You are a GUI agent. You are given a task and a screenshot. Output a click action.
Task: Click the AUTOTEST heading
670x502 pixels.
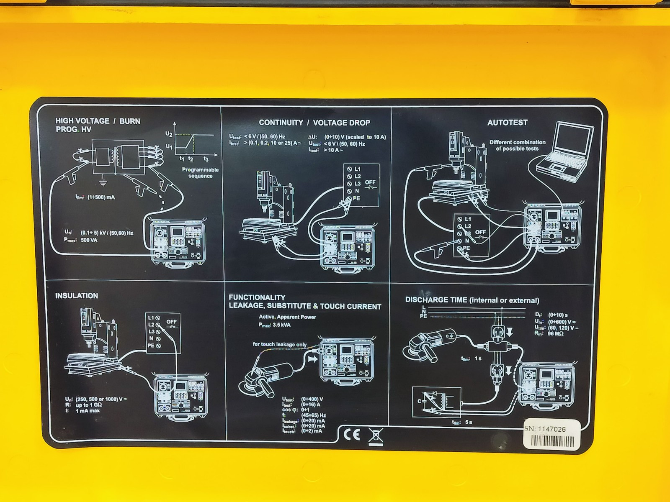click(507, 123)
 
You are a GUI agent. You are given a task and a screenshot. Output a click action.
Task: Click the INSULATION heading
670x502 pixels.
click(77, 296)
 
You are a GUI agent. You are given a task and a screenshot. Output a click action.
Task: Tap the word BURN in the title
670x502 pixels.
click(130, 121)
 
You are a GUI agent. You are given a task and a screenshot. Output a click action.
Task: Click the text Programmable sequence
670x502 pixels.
click(200, 173)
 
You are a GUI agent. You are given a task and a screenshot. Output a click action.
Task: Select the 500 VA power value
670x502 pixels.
click(89, 240)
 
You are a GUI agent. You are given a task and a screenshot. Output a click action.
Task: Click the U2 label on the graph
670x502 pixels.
click(169, 134)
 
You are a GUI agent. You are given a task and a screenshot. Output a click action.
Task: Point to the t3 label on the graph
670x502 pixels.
click(206, 159)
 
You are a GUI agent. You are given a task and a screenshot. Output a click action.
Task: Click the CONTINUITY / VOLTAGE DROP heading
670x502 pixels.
click(314, 123)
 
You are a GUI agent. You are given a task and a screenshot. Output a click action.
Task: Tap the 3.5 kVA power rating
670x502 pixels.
click(281, 325)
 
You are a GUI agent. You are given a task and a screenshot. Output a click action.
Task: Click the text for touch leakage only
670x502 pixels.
click(279, 344)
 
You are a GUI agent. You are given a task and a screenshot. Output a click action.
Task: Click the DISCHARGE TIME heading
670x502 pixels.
click(472, 300)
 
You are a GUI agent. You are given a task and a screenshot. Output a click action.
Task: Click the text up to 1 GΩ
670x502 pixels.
click(89, 405)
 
